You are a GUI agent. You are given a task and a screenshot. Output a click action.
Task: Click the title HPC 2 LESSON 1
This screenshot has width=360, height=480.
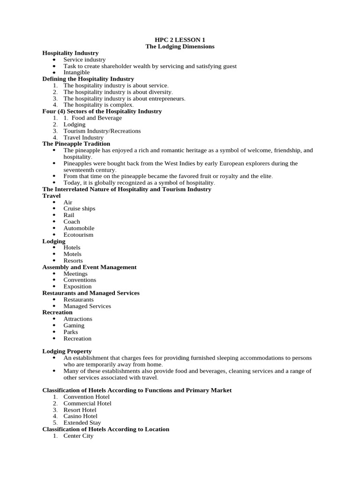[180, 40]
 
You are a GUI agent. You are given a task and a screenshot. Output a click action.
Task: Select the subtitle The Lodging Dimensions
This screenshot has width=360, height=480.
[180, 46]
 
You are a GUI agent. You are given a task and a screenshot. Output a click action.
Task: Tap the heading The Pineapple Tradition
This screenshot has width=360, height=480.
[76, 143]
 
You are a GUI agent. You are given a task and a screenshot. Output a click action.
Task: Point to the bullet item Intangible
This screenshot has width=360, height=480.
[76, 73]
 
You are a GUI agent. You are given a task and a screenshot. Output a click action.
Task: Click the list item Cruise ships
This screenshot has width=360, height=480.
[79, 209]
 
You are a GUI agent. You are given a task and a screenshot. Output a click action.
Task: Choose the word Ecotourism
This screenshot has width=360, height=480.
[78, 234]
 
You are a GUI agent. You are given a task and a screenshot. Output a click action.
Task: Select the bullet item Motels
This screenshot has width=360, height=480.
[73, 254]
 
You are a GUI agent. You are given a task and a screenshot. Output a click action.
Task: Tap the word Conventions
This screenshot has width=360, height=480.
[80, 280]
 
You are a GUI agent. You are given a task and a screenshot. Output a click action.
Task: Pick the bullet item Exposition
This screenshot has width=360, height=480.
[77, 286]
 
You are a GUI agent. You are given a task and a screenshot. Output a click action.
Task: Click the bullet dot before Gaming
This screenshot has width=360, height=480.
[55, 325]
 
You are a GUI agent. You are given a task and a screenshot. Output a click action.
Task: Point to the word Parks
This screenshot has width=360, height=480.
[71, 332]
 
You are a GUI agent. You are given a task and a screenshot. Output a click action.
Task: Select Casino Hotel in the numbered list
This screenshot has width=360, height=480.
[80, 416]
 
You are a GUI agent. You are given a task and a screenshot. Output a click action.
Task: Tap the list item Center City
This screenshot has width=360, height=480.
[78, 435]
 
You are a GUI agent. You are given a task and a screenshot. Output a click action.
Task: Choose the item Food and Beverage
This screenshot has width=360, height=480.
[97, 118]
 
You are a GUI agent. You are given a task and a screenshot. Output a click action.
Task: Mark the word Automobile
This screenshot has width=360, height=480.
[79, 228]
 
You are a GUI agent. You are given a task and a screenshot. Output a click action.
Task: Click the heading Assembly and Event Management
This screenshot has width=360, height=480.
[89, 267]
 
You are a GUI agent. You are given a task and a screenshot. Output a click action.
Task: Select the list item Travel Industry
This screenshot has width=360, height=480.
[83, 137]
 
